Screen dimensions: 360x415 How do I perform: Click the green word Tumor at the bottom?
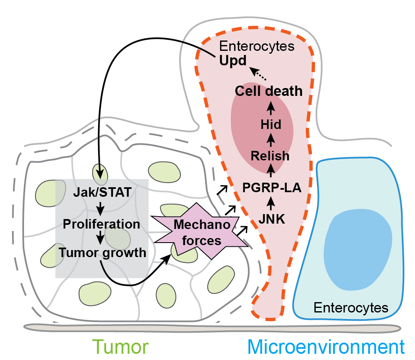pos(120,347)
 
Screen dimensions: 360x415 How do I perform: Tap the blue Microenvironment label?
pos(326,347)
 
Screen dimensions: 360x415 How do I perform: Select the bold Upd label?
pos(233,61)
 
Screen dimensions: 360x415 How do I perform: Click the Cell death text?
pos(269,91)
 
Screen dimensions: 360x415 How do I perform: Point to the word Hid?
pos(271,124)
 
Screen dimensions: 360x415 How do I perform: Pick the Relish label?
pos(270,156)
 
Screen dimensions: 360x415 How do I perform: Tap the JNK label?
pos(271,218)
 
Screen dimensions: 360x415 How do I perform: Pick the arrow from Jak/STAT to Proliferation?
pos(101,208)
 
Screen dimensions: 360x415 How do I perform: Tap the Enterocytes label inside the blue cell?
pos(351,308)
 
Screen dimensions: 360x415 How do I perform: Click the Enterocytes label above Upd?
pos(257,46)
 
